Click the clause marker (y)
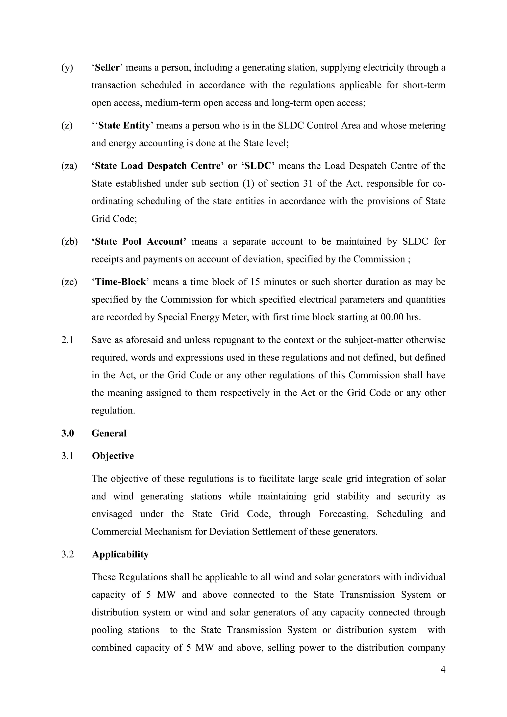click(67, 68)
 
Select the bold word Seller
click(107, 68)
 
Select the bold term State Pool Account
click(139, 241)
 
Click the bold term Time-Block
click(121, 282)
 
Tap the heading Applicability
click(120, 554)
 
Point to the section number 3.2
click(67, 554)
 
